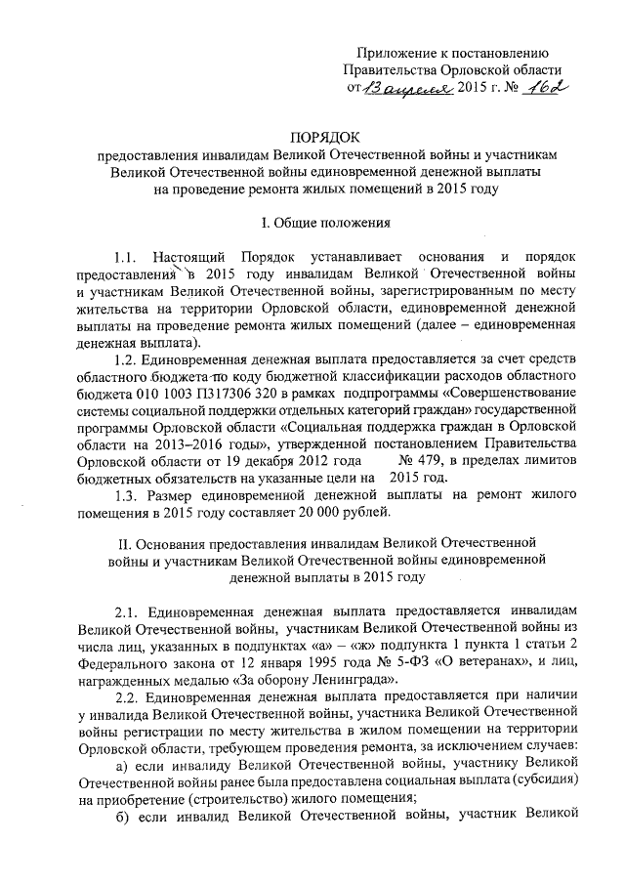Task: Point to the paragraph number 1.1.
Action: [x=129, y=258]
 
